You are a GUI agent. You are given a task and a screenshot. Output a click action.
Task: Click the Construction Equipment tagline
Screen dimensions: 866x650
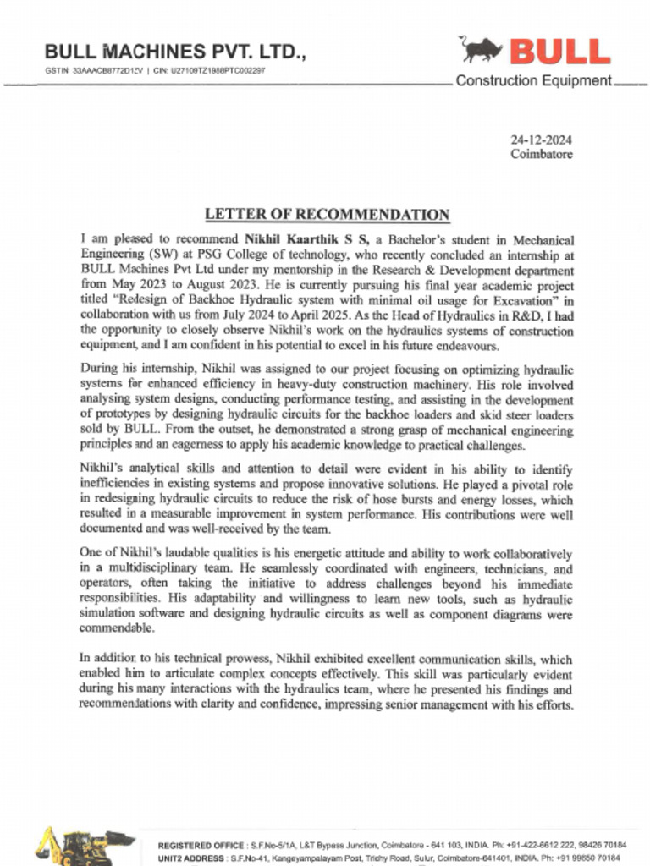tap(533, 81)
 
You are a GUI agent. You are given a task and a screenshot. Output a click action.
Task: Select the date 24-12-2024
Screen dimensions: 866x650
tap(542, 140)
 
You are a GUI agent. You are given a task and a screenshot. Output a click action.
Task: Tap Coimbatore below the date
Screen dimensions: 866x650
tap(542, 155)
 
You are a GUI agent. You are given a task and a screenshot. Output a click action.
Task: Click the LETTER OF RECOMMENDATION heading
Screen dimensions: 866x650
tap(328, 215)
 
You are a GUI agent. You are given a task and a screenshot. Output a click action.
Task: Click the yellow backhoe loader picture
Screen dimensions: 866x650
tap(85, 847)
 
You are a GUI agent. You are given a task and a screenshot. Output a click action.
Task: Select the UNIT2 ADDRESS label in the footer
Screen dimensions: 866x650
tap(191, 858)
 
